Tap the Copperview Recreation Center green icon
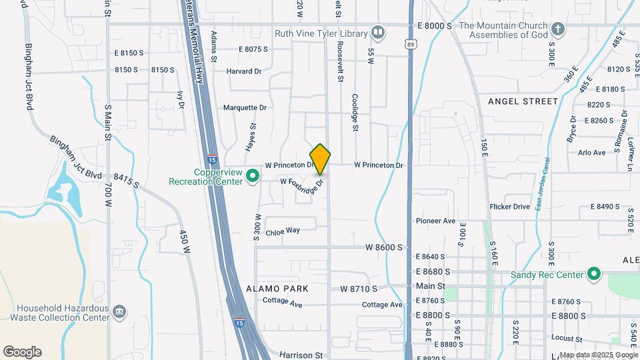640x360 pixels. tap(253, 177)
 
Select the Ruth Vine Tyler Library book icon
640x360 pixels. tap(378, 32)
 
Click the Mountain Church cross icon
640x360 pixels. tap(558, 29)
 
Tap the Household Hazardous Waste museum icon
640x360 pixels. tap(119, 311)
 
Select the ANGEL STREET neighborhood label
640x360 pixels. tap(522, 101)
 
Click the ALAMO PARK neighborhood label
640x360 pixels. tap(277, 289)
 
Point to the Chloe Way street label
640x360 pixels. tap(283, 231)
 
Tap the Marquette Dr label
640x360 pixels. tap(245, 107)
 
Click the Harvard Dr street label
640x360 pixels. tap(246, 71)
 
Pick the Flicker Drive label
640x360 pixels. tap(509, 207)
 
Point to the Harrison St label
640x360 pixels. tap(301, 355)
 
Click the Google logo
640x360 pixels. tap(22, 352)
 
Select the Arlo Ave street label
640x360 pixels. tap(591, 152)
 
